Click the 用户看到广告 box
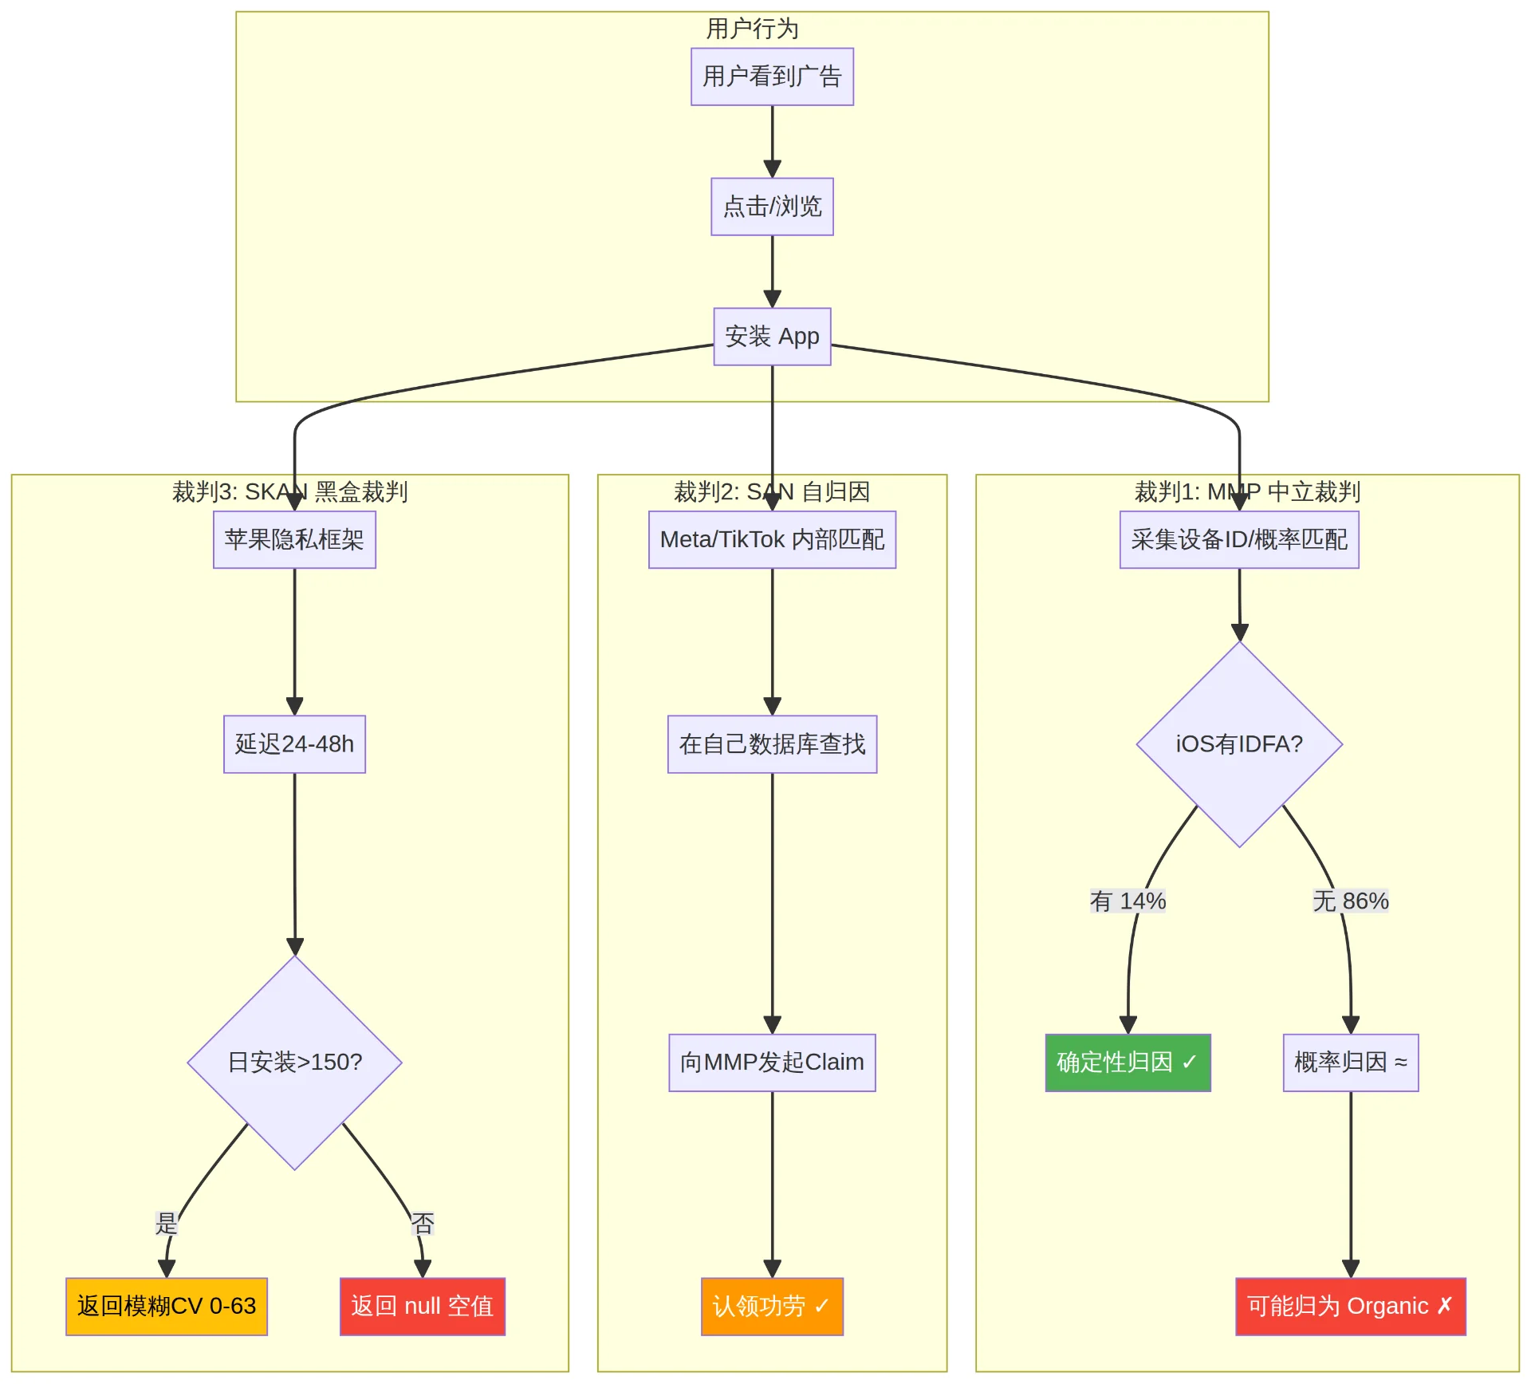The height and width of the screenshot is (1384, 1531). (772, 77)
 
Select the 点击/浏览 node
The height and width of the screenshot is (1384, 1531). (772, 207)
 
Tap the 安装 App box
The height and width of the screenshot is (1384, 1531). (772, 337)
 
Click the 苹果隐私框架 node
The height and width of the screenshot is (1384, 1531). (294, 540)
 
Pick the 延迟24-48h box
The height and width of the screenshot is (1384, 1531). (294, 744)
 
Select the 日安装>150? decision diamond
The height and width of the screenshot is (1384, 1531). (294, 1063)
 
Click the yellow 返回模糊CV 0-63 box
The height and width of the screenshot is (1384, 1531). (167, 1307)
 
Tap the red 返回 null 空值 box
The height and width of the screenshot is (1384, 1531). (423, 1307)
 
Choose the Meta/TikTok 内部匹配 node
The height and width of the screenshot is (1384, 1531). (772, 540)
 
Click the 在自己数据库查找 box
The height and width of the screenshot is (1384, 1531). (772, 744)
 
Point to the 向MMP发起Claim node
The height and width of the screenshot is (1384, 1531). (772, 1063)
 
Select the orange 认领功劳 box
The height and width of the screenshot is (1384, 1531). (772, 1307)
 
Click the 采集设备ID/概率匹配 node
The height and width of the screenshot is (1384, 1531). (1239, 540)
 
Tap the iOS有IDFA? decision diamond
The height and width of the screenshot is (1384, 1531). (1239, 744)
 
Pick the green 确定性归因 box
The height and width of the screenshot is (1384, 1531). (1128, 1063)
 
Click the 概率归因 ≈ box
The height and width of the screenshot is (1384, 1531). (1351, 1063)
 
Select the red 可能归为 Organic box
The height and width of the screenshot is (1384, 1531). (1351, 1307)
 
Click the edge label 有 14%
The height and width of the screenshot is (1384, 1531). (1128, 901)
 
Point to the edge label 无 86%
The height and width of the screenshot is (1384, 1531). (1351, 901)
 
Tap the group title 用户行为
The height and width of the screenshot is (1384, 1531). (752, 29)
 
